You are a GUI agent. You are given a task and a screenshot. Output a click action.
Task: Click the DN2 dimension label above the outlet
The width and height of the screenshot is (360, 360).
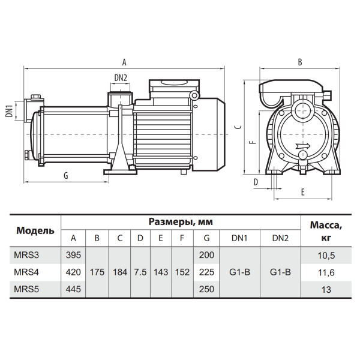(121, 78)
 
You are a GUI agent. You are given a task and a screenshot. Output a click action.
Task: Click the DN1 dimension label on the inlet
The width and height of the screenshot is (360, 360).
(9, 111)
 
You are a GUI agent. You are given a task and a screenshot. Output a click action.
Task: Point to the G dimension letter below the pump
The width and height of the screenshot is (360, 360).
(66, 176)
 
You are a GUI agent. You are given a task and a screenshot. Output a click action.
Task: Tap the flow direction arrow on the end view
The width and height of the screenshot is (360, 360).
(303, 146)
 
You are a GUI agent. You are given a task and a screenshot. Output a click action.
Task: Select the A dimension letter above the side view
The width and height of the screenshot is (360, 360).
(124, 62)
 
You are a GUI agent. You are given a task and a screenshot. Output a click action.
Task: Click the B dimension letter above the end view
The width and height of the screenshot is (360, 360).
(300, 62)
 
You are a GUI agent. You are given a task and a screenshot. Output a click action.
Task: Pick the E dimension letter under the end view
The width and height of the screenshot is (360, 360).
(303, 192)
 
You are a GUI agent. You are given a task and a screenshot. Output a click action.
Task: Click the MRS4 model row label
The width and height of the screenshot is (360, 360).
(26, 272)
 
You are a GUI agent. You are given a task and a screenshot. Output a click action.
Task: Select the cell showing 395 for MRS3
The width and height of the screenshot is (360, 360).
(73, 255)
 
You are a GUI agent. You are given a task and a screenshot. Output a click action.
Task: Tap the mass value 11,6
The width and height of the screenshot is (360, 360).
(326, 272)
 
